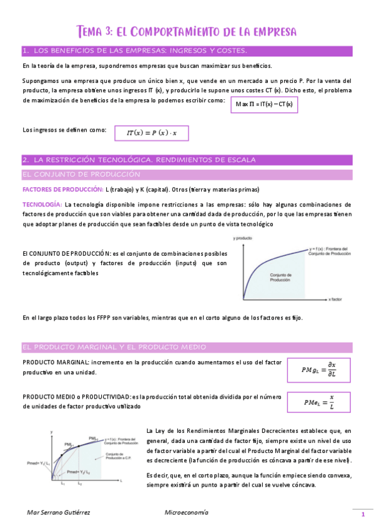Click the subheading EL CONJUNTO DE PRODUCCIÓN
(81, 175)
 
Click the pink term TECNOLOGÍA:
(42, 205)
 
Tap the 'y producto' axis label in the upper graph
(242, 238)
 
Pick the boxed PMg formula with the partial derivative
(318, 370)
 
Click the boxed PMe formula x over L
(318, 402)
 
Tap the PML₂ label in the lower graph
(94, 438)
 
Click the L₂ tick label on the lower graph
(79, 483)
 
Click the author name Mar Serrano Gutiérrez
(60, 513)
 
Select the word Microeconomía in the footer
(187, 513)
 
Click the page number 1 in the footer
(362, 514)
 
